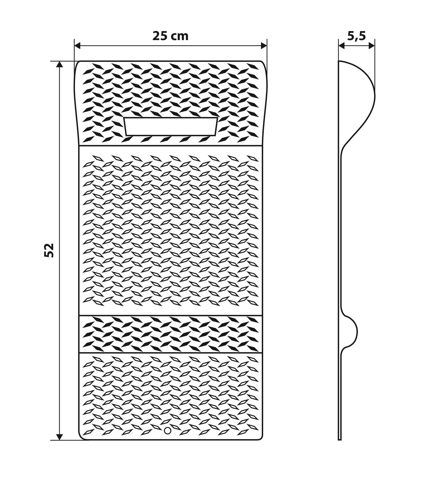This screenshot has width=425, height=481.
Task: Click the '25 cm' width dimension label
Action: (170, 36)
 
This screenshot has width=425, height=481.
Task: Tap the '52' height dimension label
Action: (49, 250)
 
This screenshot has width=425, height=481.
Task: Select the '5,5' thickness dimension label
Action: (357, 37)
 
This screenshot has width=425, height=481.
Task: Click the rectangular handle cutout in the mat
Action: (171, 127)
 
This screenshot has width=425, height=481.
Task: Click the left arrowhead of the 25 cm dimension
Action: (78, 46)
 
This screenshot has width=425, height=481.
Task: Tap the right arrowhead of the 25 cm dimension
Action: (264, 46)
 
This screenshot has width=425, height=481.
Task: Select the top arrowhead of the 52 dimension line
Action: (59, 64)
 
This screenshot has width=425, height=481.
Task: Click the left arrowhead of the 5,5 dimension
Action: (341, 46)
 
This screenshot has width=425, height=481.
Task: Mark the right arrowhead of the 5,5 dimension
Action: (372, 46)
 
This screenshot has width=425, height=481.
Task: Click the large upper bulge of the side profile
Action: (361, 98)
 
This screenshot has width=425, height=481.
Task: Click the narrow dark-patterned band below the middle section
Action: (171, 334)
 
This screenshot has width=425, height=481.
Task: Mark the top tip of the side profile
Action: (339, 61)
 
